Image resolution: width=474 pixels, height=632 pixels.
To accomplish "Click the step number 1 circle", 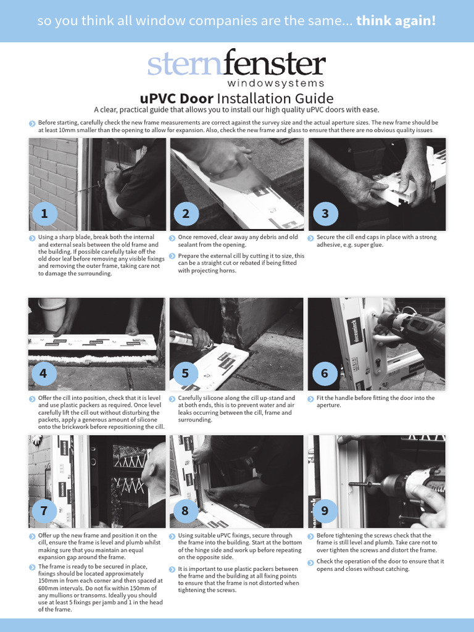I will point(44,214).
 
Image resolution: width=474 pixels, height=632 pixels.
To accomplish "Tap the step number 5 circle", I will point(185,373).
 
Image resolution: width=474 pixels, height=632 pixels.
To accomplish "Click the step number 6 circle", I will point(325,373).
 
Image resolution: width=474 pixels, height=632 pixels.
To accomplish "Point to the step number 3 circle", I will point(325,214).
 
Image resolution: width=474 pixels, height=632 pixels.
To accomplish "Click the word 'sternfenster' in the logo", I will point(236,65).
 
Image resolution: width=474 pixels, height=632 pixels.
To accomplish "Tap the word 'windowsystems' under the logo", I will point(275,83).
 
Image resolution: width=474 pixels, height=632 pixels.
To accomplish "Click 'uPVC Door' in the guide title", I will point(177,99).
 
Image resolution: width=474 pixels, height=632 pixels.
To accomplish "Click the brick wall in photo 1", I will point(52,179).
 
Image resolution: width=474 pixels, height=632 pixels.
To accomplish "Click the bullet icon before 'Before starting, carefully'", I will point(32,123).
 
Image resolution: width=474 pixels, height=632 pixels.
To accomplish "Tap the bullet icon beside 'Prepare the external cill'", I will point(172,256).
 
